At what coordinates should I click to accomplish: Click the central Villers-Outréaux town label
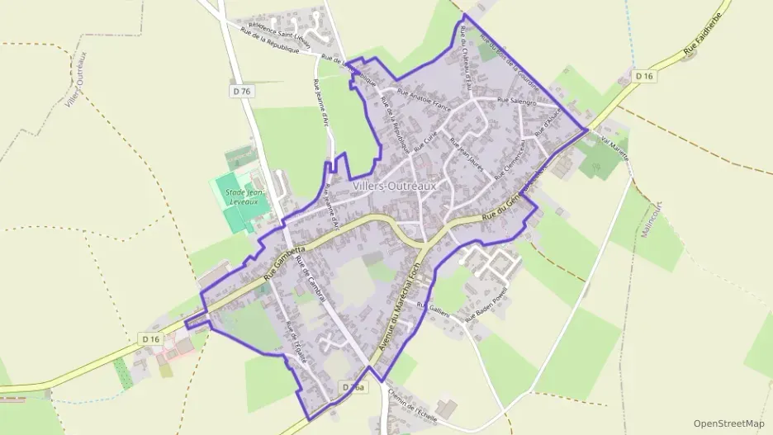(x=394, y=187)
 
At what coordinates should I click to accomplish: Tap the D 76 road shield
(x=242, y=91)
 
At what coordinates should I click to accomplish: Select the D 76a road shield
(x=353, y=387)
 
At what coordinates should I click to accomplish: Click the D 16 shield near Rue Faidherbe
(x=645, y=76)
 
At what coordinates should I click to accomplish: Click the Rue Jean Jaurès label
(x=464, y=152)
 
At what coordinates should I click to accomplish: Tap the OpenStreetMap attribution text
(x=729, y=423)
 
